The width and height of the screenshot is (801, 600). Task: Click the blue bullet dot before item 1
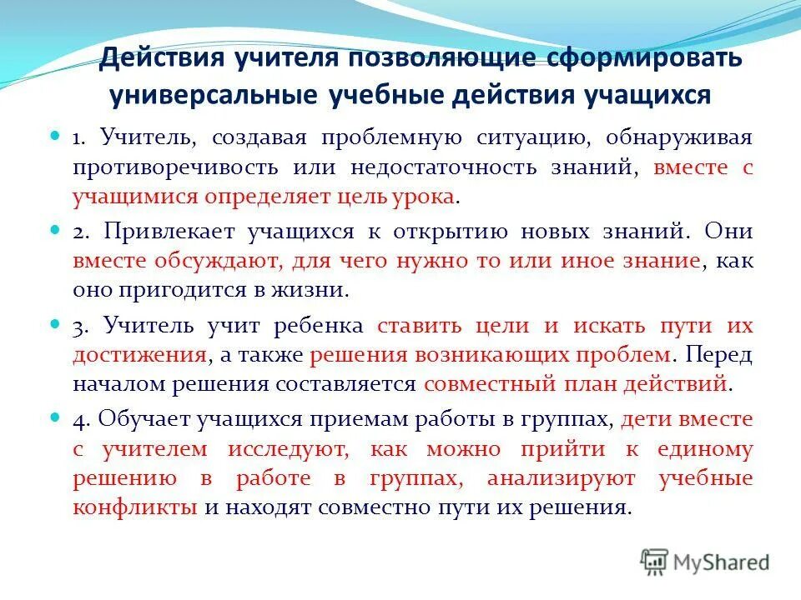pos(58,133)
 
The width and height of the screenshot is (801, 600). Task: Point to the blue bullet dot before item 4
pos(58,414)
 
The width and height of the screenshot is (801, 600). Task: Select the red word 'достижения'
pos(139,354)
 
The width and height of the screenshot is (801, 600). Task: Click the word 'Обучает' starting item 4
pos(143,418)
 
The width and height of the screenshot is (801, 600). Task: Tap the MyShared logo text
pos(723,562)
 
